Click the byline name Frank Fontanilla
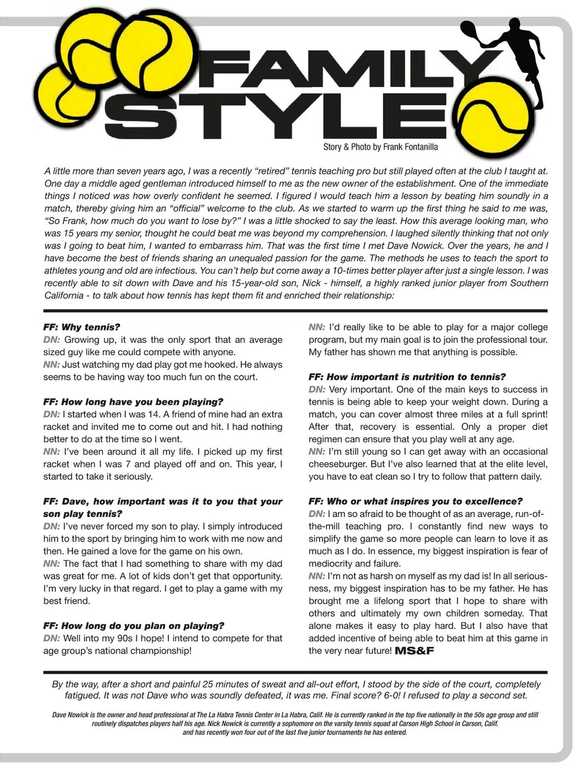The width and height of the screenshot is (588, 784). pos(410,147)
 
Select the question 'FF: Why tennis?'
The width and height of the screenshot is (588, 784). pos(81,327)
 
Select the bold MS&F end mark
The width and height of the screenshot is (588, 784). pos(415,650)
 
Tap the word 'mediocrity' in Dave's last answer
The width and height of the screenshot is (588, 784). pos(331,563)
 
